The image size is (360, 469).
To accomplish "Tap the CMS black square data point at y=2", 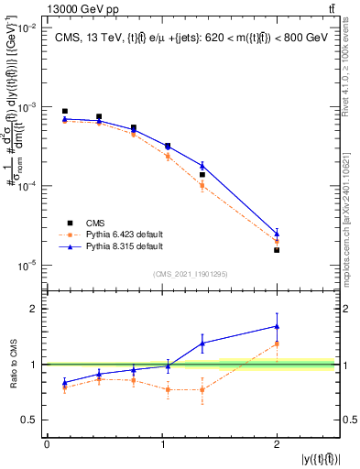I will click(277, 249).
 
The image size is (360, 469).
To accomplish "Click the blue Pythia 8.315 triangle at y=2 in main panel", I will click(277, 234).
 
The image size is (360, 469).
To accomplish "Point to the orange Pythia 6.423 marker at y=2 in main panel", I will click(277, 243).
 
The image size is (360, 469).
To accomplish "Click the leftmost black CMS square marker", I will click(64, 111).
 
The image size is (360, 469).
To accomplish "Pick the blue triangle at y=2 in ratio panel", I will click(277, 326).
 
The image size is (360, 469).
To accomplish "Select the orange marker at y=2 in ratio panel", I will click(277, 344).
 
